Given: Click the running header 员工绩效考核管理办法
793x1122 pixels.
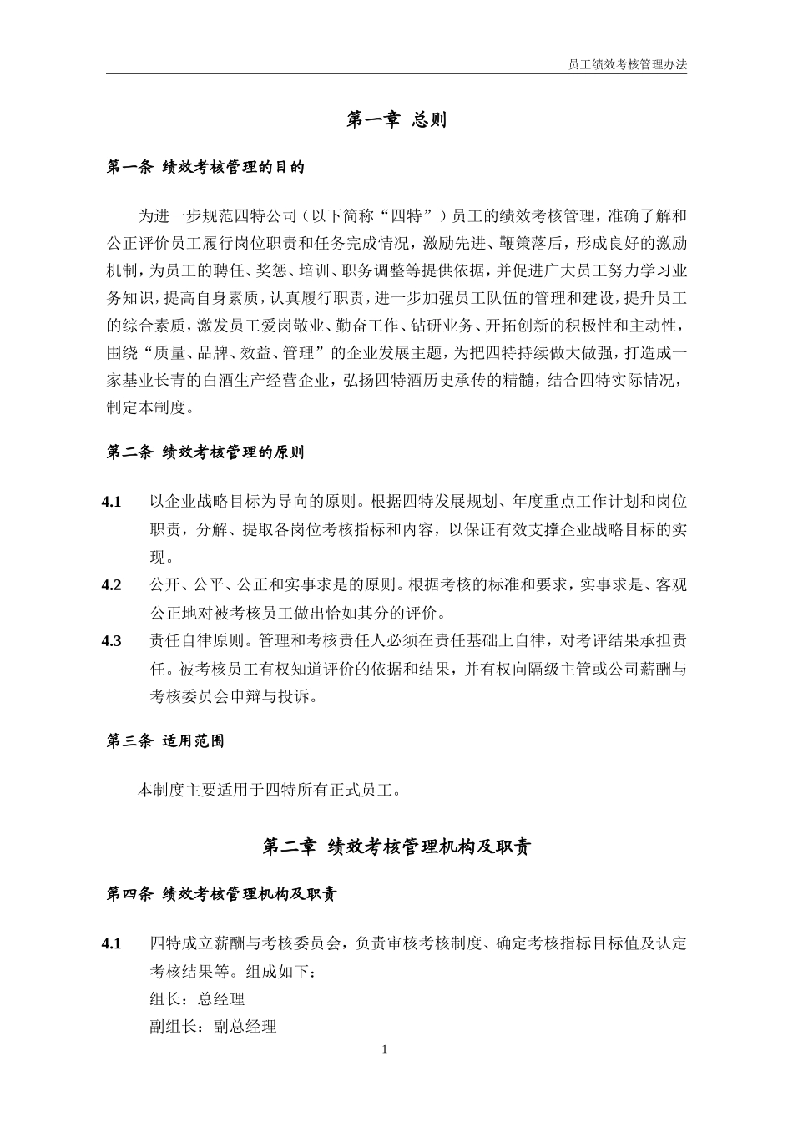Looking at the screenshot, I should point(627,63).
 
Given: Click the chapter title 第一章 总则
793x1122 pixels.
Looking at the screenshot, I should point(396,120).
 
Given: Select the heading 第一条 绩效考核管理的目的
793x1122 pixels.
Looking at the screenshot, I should point(206,168).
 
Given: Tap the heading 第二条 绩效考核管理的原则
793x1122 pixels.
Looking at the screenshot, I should point(206,452).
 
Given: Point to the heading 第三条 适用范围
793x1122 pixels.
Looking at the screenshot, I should point(165,740).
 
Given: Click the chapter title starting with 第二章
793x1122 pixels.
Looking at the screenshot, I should point(396,847).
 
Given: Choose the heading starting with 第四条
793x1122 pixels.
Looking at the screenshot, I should point(222,894).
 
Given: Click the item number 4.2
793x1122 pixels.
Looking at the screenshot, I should point(112,585).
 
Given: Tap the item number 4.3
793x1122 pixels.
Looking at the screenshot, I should point(112,641).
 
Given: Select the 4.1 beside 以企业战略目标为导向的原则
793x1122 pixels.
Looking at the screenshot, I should point(112,502).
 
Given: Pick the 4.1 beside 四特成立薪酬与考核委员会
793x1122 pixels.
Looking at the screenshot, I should point(112,943).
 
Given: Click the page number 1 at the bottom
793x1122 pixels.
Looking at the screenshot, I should point(384,1049).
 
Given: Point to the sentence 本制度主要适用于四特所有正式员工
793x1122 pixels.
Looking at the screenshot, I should point(268,789).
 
